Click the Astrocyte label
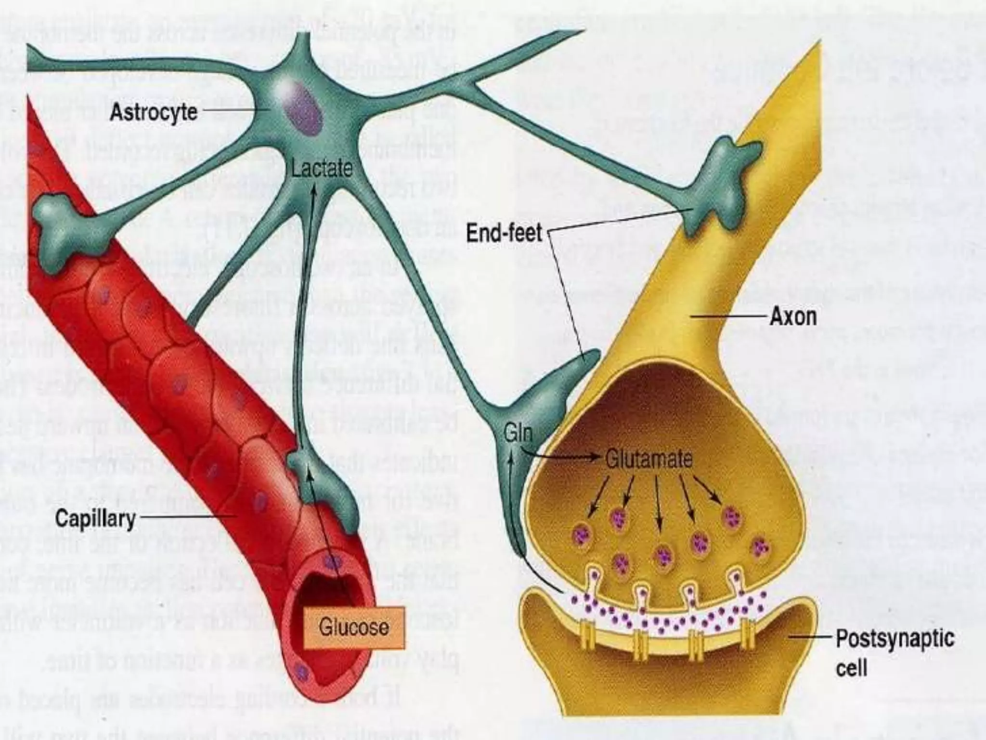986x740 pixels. click(x=154, y=112)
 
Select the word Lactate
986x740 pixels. click(x=322, y=169)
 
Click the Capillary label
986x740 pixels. click(x=95, y=519)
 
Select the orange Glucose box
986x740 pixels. click(x=354, y=627)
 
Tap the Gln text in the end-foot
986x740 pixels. click(x=518, y=433)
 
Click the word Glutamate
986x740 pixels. click(x=649, y=459)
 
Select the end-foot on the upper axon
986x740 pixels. click(x=722, y=178)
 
